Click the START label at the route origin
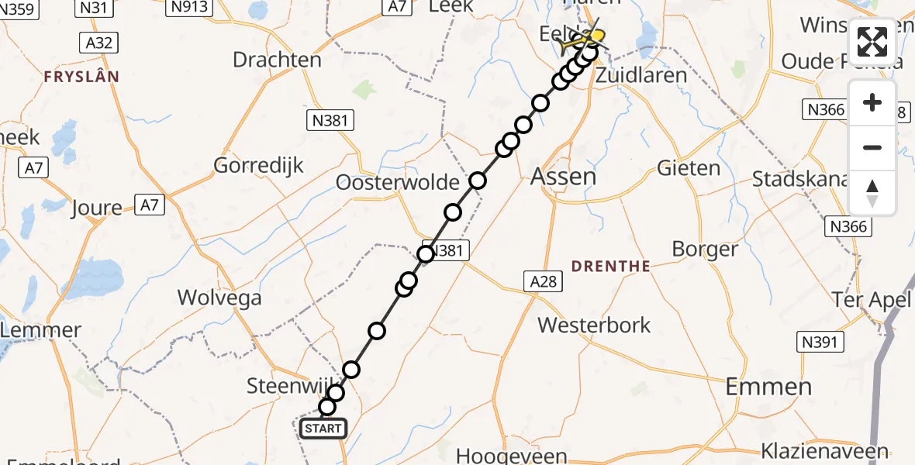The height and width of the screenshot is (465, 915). [323, 429]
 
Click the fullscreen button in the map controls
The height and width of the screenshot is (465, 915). [872, 42]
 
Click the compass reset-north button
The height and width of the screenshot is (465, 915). [872, 194]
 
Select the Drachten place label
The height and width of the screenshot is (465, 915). [277, 60]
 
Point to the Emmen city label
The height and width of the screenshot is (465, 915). [768, 386]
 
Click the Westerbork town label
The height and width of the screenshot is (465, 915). [595, 325]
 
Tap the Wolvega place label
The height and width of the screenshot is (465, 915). [219, 298]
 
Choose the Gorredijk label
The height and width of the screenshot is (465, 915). [258, 165]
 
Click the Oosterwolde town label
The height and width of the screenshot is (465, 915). [398, 183]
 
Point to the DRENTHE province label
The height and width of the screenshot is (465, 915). [610, 266]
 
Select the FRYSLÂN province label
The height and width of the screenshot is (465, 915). [81, 77]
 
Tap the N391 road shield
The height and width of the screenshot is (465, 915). [820, 342]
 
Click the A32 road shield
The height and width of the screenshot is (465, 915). [98, 42]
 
